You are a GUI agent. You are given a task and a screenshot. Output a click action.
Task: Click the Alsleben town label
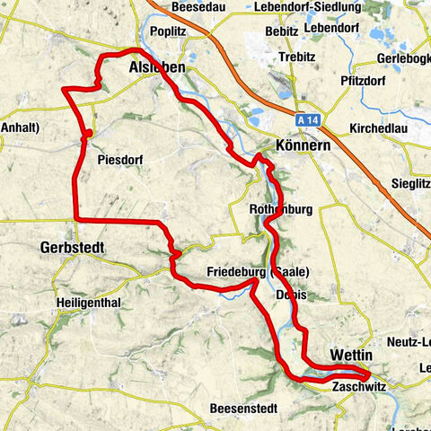click(156, 68)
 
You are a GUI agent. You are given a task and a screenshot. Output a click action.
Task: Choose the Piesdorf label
click(120, 161)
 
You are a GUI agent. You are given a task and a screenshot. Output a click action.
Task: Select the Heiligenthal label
click(88, 303)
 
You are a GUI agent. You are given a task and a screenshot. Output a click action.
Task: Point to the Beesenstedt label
click(242, 409)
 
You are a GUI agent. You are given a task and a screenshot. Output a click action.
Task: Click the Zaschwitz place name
click(358, 388)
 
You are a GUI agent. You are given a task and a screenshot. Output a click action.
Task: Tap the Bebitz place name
click(281, 31)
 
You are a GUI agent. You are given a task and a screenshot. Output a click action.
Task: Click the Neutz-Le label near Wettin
click(409, 340)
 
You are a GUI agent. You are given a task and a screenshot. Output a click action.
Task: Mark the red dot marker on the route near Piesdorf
click(88, 135)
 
